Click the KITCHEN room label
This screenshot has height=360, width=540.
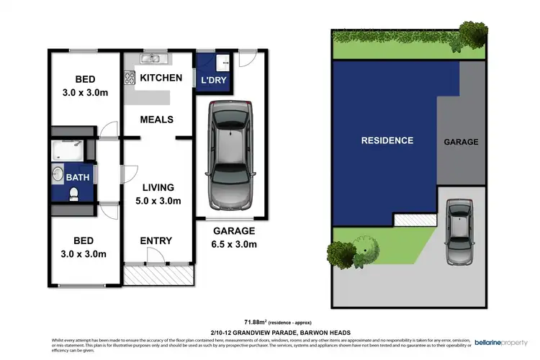[161, 78]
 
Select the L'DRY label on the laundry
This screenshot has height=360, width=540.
[214, 80]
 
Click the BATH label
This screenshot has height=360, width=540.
[77, 176]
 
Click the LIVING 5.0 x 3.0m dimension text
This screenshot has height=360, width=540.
[159, 194]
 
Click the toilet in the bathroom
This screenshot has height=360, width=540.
[73, 193]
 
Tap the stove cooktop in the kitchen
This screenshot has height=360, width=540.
[130, 76]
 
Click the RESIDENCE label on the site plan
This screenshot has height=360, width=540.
[387, 140]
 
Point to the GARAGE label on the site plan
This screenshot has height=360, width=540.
[460, 142]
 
